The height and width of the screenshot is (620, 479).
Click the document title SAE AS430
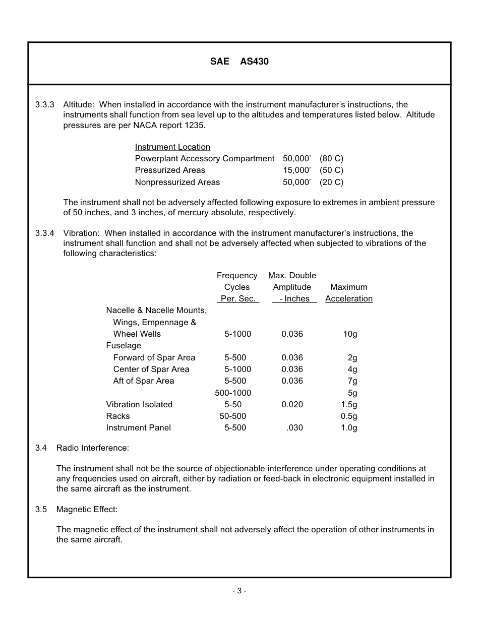[239, 62]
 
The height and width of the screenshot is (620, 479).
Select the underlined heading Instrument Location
[172, 147]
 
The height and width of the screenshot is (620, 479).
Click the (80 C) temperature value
[331, 159]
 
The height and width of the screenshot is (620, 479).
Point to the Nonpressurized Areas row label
[177, 182]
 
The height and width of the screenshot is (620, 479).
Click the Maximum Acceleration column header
[349, 293]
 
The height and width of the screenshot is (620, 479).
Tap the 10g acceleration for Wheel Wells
[350, 334]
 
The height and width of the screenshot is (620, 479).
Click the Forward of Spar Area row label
[154, 358]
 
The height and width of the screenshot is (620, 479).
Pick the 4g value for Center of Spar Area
[352, 369]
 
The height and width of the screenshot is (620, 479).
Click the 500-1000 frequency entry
[233, 393]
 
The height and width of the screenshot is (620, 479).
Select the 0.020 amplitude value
[292, 405]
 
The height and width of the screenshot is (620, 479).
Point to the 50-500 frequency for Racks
[233, 416]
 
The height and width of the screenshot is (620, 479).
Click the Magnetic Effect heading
[87, 510]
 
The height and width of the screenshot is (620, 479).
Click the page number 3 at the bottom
[239, 591]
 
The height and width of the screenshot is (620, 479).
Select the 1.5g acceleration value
[349, 405]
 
